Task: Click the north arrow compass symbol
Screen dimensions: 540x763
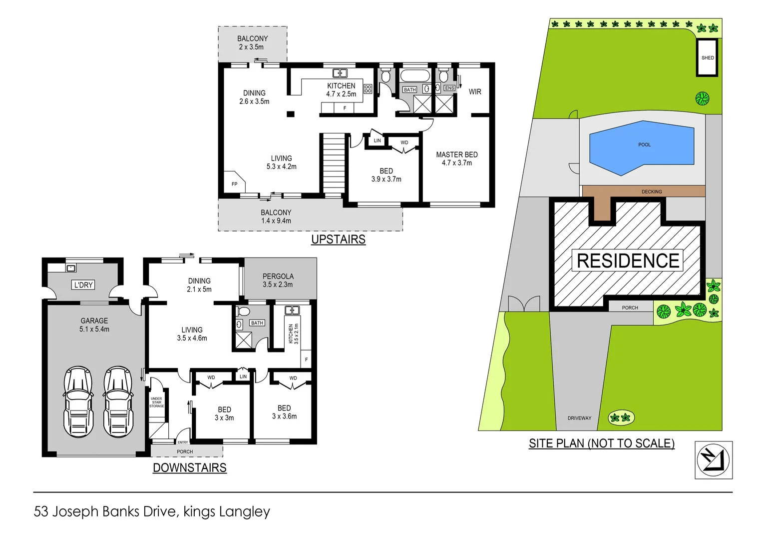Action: pos(713,460)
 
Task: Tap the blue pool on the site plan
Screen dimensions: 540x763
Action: pos(642,147)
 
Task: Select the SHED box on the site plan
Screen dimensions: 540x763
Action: pos(707,57)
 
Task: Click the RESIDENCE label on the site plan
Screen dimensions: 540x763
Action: pos(627,260)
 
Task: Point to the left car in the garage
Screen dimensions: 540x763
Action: pos(78,401)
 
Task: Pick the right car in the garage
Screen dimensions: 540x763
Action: pos(118,401)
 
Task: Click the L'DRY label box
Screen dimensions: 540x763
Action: pos(83,285)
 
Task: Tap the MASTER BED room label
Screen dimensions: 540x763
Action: pos(456,158)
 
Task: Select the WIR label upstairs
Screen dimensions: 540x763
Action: pos(475,92)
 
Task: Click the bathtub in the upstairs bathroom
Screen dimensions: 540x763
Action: pos(414,76)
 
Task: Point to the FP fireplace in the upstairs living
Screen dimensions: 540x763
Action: pos(234,183)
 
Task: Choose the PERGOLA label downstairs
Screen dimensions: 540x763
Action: pos(278,280)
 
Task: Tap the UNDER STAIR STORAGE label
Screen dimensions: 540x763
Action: pos(156,402)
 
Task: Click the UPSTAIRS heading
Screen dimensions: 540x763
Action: pos(338,239)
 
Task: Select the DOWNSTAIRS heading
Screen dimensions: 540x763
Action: pos(189,467)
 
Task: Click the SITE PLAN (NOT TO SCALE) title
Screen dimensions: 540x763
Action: pos(601,443)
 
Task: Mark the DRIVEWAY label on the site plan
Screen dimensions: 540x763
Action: pos(579,418)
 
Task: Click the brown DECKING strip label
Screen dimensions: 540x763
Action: pos(651,191)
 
